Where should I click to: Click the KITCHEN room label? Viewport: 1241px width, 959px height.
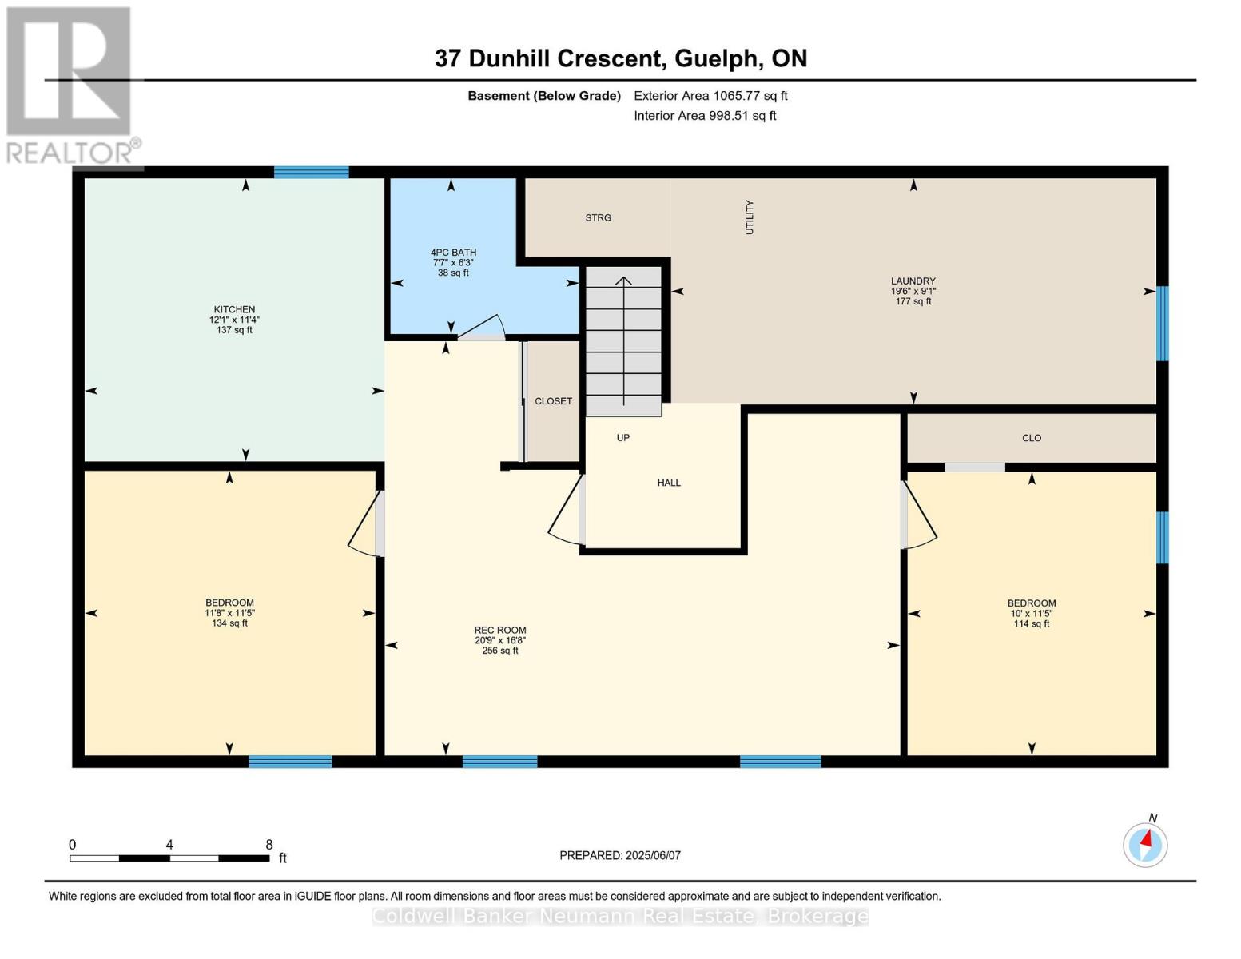(x=234, y=310)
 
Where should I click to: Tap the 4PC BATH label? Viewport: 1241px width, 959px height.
(x=453, y=253)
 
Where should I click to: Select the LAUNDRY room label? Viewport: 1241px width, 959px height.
(x=913, y=281)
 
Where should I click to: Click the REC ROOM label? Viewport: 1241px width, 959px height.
(x=500, y=631)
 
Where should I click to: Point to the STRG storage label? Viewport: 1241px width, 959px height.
(x=598, y=218)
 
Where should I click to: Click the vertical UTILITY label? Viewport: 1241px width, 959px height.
(x=750, y=217)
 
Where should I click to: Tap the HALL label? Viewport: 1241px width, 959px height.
(x=669, y=483)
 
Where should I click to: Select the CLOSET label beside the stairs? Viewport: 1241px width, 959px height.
(x=553, y=401)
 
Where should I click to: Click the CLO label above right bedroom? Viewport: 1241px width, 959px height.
(x=1031, y=438)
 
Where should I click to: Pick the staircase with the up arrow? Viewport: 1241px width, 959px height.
(x=624, y=340)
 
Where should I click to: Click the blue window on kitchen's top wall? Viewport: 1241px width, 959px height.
(x=311, y=172)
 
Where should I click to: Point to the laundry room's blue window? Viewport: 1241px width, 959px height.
(x=1163, y=323)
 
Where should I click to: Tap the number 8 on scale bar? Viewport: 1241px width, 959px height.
(x=269, y=845)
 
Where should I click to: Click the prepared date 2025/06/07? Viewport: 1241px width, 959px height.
(x=653, y=855)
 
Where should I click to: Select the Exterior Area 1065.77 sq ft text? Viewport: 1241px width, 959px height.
(x=710, y=96)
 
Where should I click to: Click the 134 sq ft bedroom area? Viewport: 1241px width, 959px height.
(x=229, y=623)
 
